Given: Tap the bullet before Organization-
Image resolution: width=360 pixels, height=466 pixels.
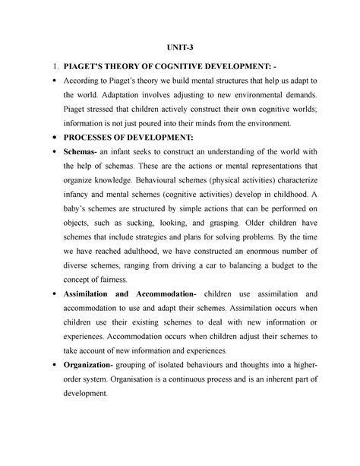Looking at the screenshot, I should [x=48, y=366].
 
